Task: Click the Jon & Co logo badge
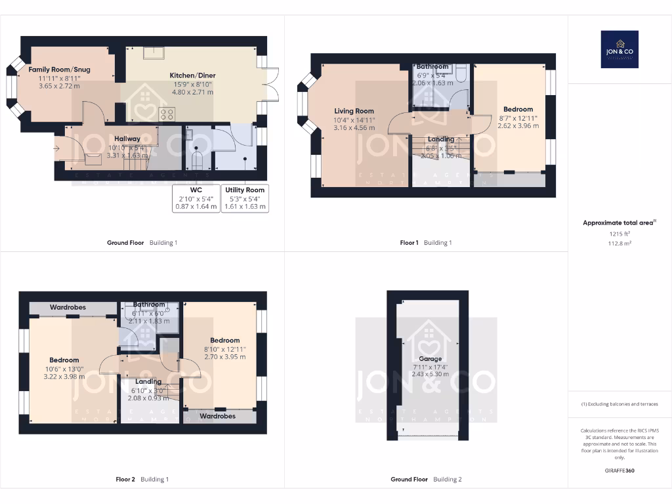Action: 619,49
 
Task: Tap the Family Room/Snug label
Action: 59,69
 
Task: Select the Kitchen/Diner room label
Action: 193,75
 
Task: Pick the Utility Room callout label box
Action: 245,198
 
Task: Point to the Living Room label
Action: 354,111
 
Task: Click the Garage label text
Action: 430,360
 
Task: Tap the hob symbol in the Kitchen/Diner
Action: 167,114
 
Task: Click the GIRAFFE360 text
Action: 619,471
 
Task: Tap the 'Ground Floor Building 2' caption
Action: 426,480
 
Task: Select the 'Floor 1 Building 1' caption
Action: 426,243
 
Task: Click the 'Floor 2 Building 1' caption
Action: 142,480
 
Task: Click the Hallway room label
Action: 127,138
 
